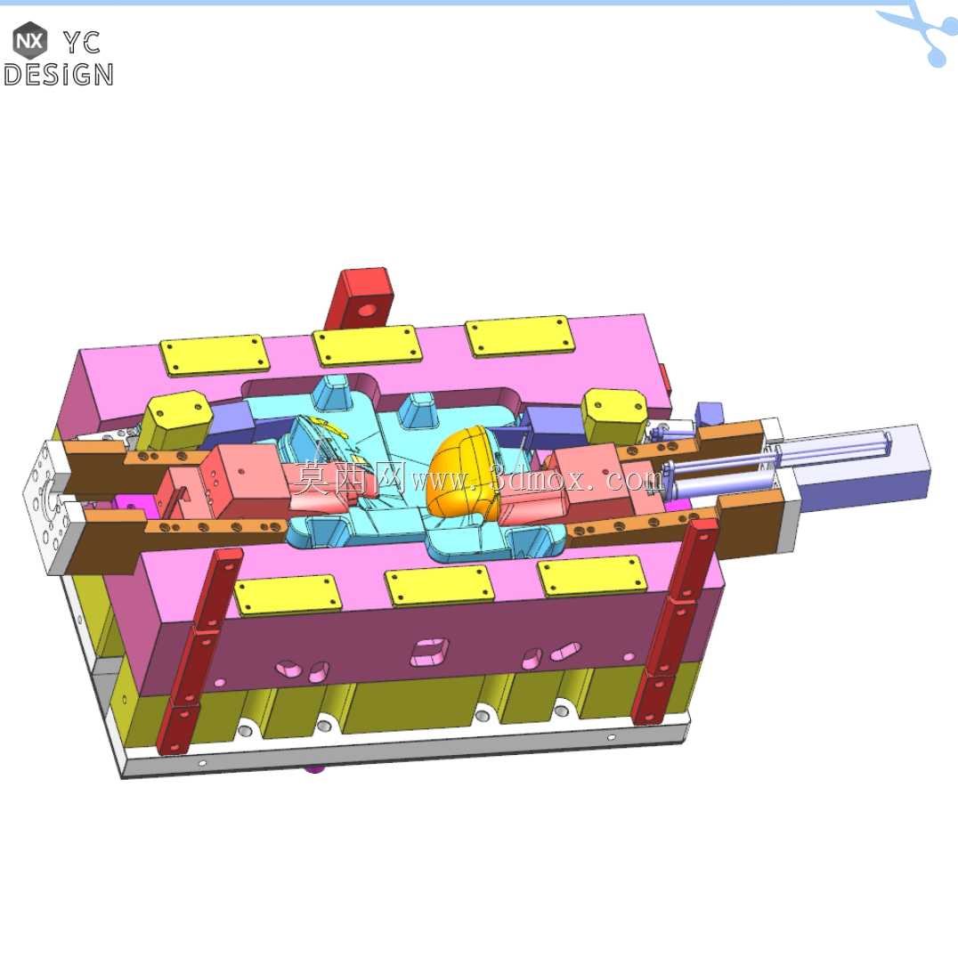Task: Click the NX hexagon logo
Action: click(29, 41)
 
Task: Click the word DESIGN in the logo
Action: click(59, 75)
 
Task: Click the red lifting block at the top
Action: click(361, 299)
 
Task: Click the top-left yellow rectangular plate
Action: click(215, 355)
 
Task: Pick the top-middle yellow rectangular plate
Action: click(367, 345)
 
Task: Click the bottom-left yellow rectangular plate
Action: click(288, 595)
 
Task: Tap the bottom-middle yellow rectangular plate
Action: click(439, 585)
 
